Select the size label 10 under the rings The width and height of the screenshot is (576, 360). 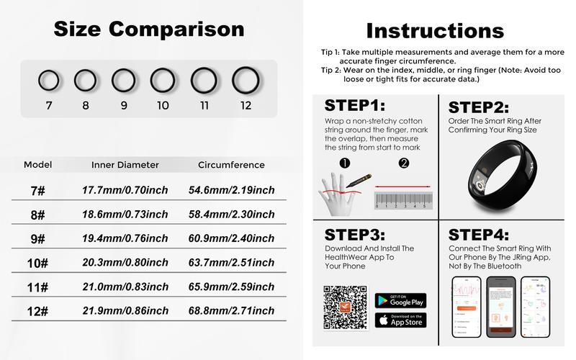tap(163, 105)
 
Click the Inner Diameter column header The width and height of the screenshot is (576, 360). tap(125, 165)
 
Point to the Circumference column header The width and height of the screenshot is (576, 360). tap(231, 165)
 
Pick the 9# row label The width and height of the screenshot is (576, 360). tap(37, 239)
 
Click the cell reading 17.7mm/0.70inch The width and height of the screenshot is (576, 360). tap(125, 190)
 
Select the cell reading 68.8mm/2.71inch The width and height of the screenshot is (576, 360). tap(231, 311)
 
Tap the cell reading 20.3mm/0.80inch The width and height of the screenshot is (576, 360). tap(125, 263)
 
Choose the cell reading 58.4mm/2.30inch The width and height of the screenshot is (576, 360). tap(231, 215)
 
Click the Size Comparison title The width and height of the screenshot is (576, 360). tap(149, 29)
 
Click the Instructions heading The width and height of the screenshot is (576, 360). tap(435, 30)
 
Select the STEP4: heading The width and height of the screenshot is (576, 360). tap(479, 235)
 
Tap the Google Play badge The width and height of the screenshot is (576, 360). tap(400, 300)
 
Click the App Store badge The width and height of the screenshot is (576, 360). tap(400, 320)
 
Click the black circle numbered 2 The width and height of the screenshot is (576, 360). tap(403, 163)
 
